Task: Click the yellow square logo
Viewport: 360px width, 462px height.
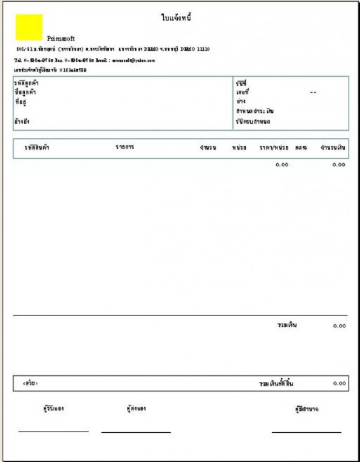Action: (x=29, y=27)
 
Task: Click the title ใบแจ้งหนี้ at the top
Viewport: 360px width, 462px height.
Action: (x=177, y=18)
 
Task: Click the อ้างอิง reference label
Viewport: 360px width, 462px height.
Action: (x=22, y=120)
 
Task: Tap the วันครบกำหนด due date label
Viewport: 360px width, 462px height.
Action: (x=252, y=121)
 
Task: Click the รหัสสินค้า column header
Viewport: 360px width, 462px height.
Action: (x=37, y=147)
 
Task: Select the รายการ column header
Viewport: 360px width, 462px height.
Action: (x=124, y=147)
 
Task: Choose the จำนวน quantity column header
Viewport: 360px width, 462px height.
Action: (x=208, y=148)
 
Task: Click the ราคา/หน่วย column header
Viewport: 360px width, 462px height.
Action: (x=273, y=148)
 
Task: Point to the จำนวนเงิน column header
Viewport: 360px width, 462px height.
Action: (x=333, y=148)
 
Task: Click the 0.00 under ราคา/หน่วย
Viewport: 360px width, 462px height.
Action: (x=281, y=165)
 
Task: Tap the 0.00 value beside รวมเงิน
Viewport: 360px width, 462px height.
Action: (x=339, y=326)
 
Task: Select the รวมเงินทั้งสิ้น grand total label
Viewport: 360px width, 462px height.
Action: (x=276, y=384)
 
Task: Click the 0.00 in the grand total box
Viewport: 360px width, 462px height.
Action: (x=339, y=384)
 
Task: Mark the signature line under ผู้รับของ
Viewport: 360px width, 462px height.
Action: (x=53, y=432)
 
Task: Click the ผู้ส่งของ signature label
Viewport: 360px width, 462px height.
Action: (x=136, y=408)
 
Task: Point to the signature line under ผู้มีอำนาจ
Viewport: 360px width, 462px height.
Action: (x=306, y=432)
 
